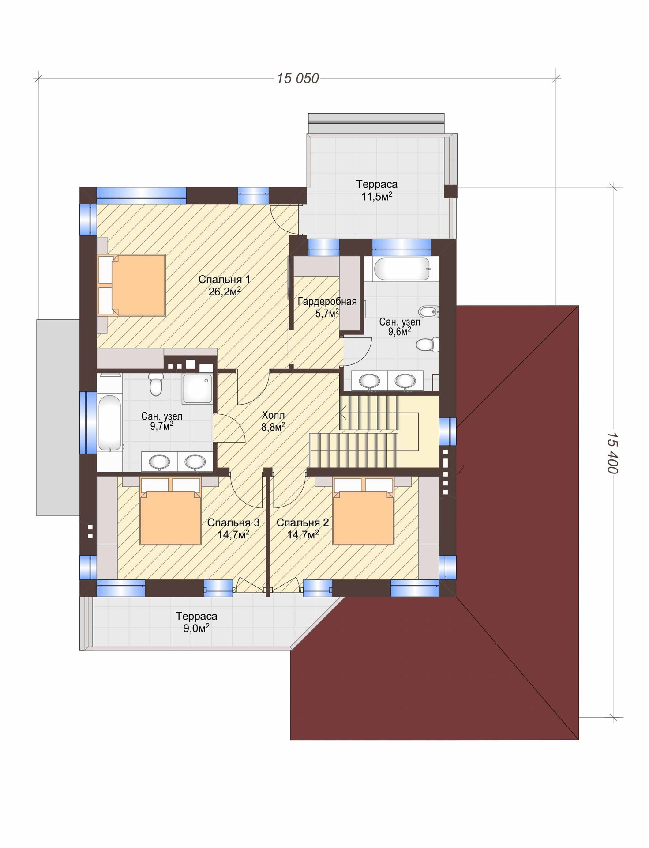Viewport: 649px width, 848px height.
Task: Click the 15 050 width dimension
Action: [x=298, y=78]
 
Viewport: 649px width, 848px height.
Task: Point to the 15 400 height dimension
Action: [x=613, y=453]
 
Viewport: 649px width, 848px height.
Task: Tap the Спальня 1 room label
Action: [x=224, y=280]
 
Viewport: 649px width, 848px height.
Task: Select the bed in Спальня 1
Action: [x=131, y=285]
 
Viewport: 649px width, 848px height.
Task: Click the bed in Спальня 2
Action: [x=363, y=511]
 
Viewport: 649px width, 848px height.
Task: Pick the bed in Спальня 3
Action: [x=170, y=511]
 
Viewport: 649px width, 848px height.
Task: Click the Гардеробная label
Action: [x=327, y=302]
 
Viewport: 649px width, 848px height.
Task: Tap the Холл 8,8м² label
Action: [x=273, y=421]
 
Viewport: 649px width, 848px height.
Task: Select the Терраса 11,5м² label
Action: [x=377, y=190]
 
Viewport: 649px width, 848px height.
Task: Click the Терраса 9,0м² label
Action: [x=196, y=622]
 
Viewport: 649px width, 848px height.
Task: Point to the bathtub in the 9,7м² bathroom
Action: [x=109, y=423]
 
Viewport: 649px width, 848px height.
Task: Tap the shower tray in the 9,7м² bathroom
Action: [x=197, y=389]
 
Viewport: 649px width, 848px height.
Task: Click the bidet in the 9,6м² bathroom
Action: [x=428, y=312]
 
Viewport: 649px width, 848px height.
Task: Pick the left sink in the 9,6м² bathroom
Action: [x=369, y=380]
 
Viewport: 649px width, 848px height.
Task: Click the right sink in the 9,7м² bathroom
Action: [x=195, y=462]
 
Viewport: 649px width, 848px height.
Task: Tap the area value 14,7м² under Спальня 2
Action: [x=303, y=535]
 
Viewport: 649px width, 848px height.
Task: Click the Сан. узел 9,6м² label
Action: [x=400, y=327]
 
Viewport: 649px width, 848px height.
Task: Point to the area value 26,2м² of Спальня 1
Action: [x=225, y=291]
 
